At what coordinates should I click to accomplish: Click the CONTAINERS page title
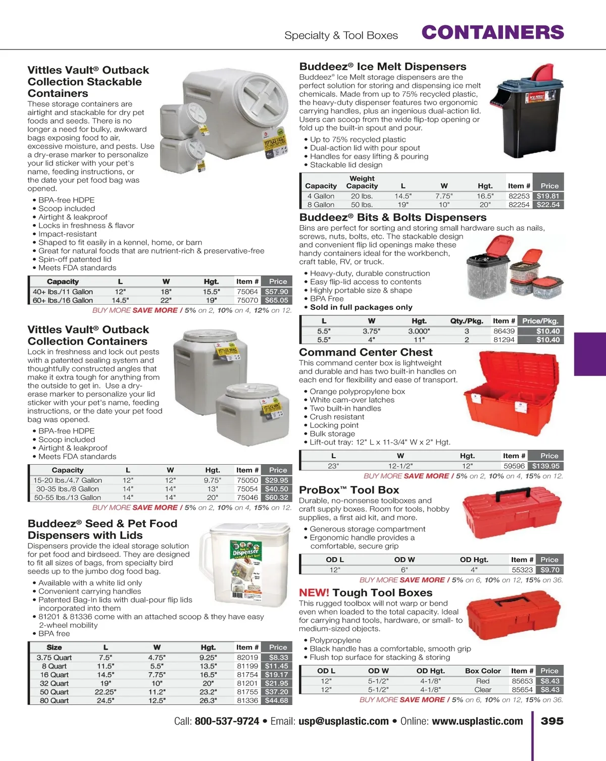[x=492, y=33]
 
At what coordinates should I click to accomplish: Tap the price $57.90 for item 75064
[x=276, y=292]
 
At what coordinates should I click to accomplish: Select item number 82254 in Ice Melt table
[x=519, y=205]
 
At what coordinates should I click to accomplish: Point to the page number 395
[x=552, y=721]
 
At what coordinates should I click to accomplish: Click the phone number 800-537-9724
[x=227, y=722]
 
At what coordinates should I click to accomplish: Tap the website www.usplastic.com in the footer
[x=477, y=722]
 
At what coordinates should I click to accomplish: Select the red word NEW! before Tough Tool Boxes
[x=314, y=593]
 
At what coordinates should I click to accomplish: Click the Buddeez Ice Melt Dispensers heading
[x=383, y=67]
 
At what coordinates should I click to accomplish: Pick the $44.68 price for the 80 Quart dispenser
[x=276, y=700]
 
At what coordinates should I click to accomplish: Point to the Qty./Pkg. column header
[x=467, y=321]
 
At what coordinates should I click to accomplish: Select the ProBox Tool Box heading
[x=349, y=490]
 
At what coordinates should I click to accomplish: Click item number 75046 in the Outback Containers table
[x=247, y=498]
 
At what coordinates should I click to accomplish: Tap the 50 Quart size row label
[x=54, y=692]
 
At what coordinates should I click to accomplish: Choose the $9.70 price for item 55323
[x=549, y=570]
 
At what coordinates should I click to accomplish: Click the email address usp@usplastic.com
[x=343, y=722]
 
